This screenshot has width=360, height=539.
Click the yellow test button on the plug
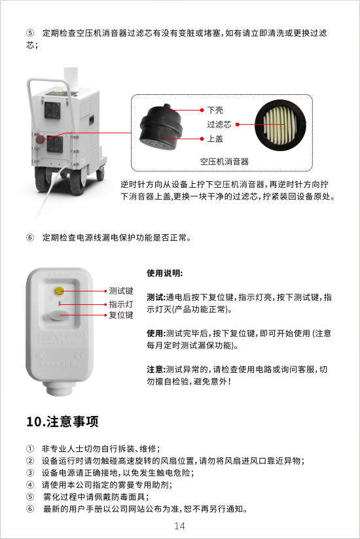point(60,291)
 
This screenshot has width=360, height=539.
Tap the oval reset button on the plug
point(60,315)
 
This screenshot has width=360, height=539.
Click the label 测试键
point(121,291)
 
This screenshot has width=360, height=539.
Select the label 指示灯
point(121,304)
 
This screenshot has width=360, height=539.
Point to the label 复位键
point(121,315)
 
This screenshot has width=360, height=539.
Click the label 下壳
point(215,111)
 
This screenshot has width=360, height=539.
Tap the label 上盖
point(215,139)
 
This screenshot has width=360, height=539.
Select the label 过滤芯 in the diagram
point(219,124)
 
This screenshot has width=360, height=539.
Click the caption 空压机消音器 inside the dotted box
point(225,162)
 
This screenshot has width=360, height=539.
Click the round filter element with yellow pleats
point(280,125)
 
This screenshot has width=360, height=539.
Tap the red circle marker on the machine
point(41,139)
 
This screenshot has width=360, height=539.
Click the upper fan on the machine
point(52,111)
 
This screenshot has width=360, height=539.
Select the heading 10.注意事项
point(62,421)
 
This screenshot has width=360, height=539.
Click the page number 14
point(179,526)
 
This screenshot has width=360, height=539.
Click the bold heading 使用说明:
point(165,273)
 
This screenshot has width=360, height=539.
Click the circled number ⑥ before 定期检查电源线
point(30,237)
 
